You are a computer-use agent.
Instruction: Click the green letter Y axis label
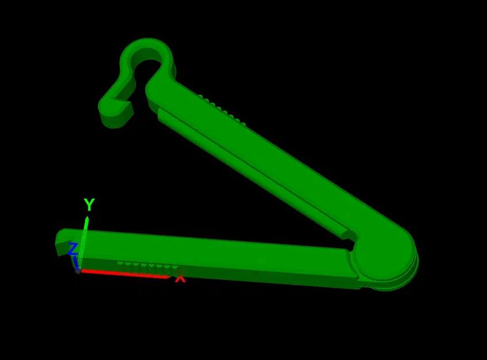pyautogui.click(x=89, y=204)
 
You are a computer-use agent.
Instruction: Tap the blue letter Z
pyautogui.click(x=73, y=249)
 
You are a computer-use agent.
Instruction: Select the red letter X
pyautogui.click(x=180, y=278)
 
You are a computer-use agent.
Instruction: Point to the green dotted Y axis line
pyautogui.click(x=83, y=242)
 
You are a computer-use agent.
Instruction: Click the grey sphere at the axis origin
pyautogui.click(x=78, y=270)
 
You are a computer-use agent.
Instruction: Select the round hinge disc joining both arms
pyautogui.click(x=384, y=252)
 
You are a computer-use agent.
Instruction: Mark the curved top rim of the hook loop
pyautogui.click(x=147, y=42)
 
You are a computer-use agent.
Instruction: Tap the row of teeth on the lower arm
pyautogui.click(x=147, y=265)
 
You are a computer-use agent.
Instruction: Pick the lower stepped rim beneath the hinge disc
pyautogui.click(x=397, y=283)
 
